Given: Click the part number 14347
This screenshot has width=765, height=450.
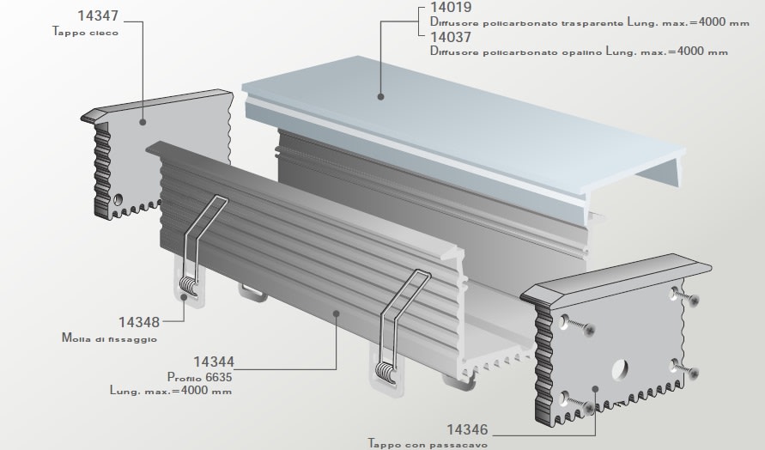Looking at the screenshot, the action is pyautogui.click(x=98, y=16).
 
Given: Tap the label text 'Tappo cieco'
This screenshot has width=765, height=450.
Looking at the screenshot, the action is pyautogui.click(x=85, y=33).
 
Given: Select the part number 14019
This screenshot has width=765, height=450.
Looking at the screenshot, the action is pyautogui.click(x=451, y=8).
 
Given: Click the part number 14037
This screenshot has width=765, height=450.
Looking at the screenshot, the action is pyautogui.click(x=451, y=37).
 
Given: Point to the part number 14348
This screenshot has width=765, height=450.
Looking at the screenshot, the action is pyautogui.click(x=139, y=322).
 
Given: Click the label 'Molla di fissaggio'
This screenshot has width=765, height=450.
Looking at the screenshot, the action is pyautogui.click(x=109, y=337).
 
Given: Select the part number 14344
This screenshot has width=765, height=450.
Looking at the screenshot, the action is pyautogui.click(x=214, y=362).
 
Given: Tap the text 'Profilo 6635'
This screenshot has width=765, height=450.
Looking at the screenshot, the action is pyautogui.click(x=199, y=377).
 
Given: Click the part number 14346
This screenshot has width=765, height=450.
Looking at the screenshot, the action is pyautogui.click(x=467, y=429).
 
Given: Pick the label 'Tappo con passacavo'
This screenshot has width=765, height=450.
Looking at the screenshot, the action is pyautogui.click(x=428, y=444).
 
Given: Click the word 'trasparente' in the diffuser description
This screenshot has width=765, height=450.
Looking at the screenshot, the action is pyautogui.click(x=592, y=23).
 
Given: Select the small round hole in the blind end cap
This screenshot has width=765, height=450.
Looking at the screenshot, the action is pyautogui.click(x=118, y=199).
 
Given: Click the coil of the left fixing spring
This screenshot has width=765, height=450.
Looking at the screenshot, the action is pyautogui.click(x=189, y=285).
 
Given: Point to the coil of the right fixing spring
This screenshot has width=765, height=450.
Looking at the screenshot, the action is pyautogui.click(x=385, y=373).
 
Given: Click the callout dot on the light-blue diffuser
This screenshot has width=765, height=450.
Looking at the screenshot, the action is pyautogui.click(x=380, y=97).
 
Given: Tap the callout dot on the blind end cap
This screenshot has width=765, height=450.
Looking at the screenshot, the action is pyautogui.click(x=143, y=122).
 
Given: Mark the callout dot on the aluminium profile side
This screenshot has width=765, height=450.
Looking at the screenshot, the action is pyautogui.click(x=336, y=313).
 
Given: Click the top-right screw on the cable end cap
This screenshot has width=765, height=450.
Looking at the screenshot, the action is pyautogui.click(x=694, y=301).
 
